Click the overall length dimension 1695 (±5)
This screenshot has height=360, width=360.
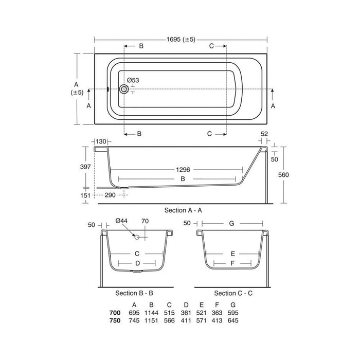181,40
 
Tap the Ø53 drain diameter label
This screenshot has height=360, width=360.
133,80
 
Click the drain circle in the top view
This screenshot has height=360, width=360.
124,89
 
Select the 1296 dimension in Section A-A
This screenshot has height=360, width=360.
183,170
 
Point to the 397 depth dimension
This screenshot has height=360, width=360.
85,167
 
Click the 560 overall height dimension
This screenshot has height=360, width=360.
283,175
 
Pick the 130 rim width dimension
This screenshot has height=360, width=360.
101,141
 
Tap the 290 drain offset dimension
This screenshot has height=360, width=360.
110,195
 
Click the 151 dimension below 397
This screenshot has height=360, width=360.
85,195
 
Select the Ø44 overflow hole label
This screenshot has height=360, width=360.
121,221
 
